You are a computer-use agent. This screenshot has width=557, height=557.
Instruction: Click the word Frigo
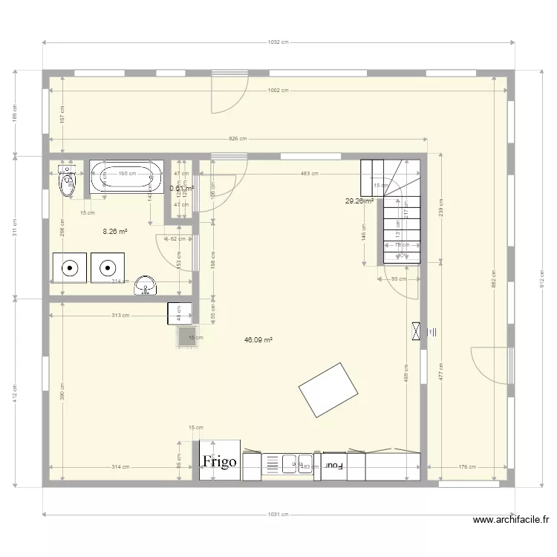tap(220, 461)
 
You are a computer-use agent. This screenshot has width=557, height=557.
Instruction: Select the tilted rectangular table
tap(329, 390)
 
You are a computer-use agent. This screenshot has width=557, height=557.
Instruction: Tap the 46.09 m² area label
tap(258, 339)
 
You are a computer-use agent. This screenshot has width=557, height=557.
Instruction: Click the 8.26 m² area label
tap(115, 232)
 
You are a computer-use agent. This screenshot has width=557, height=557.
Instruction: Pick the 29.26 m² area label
tap(358, 201)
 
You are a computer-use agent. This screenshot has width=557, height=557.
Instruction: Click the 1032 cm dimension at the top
tap(278, 42)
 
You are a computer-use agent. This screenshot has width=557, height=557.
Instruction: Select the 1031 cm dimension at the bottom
tap(278, 514)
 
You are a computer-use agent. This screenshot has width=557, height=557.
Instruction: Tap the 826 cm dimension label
tap(238, 139)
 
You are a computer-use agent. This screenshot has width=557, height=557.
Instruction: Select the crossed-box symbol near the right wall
tap(415, 332)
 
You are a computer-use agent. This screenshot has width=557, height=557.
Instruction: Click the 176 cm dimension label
tap(466, 466)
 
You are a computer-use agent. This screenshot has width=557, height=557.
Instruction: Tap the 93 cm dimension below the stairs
tap(399, 279)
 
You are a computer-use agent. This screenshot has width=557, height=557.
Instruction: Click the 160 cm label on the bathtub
tap(127, 173)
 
